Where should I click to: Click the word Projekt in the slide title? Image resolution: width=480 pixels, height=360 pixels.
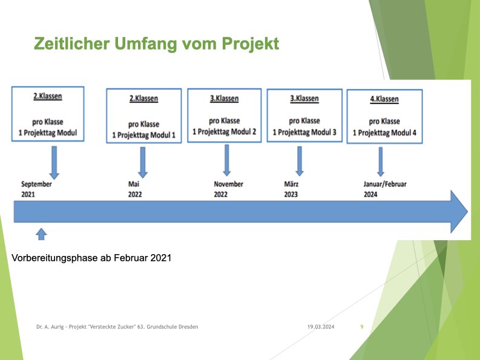coord(251,44)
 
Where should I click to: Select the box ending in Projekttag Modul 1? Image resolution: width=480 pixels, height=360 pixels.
coord(144,116)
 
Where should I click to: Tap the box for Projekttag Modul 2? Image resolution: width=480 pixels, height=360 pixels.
coord(225,116)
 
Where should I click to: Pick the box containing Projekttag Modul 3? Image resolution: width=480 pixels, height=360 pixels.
coord(304,116)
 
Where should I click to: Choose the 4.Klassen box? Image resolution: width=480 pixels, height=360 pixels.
coord(384,116)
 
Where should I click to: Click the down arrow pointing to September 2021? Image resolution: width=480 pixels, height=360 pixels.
coord(54,163)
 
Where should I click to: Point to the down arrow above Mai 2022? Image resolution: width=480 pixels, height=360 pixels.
coord(143,162)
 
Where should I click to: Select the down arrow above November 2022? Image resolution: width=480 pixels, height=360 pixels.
coord(227,160)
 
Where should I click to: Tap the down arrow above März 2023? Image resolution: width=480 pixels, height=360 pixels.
coord(300,161)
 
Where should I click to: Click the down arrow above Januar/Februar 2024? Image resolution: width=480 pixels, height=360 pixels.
coord(381,162)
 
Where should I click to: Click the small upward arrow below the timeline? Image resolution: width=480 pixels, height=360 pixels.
coord(41,234)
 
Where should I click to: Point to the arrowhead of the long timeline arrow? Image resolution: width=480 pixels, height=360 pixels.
coord(459,212)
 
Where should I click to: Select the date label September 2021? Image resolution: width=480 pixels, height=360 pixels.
coord(36,189)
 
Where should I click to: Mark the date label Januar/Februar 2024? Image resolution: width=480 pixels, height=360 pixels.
coord(385,189)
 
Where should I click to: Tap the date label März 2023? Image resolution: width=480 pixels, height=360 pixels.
coord(291,189)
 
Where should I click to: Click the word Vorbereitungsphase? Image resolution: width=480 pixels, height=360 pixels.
coord(54,258)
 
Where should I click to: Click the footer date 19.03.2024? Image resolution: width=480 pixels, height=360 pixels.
coord(321,327)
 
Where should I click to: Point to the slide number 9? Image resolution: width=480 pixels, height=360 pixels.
coord(362,327)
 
